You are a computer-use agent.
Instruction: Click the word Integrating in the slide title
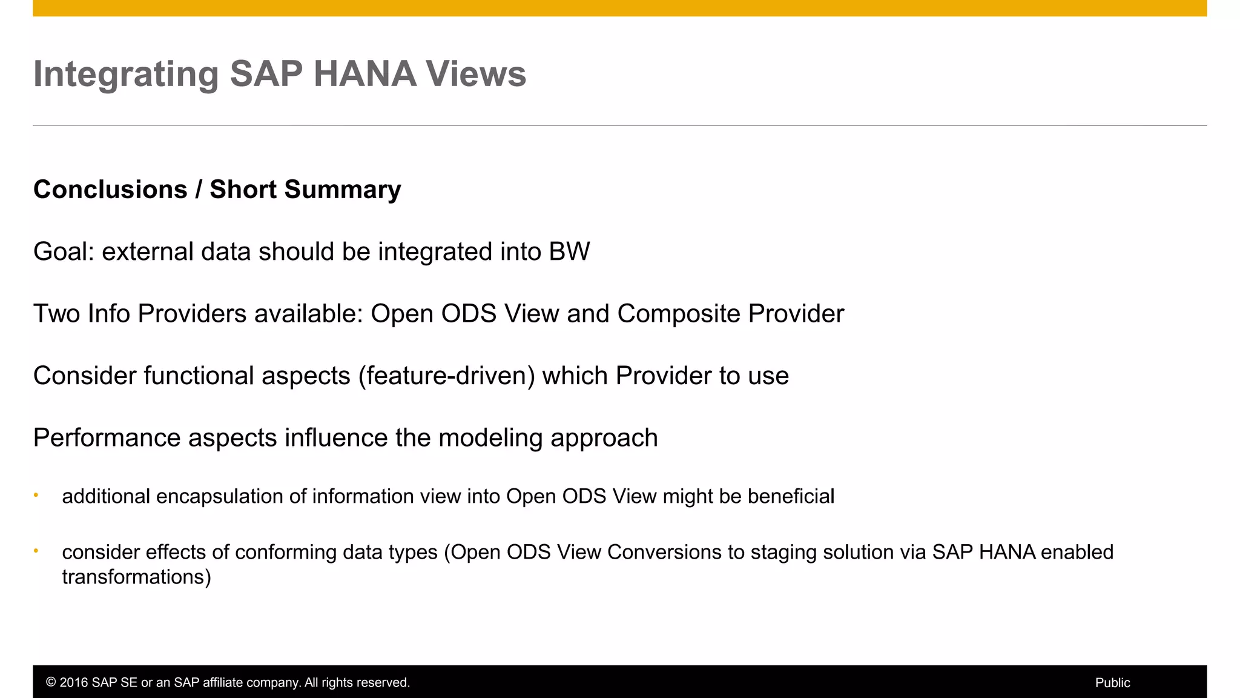click(x=125, y=75)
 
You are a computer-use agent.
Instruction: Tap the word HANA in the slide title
click(x=364, y=74)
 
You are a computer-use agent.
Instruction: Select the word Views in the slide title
click(x=475, y=74)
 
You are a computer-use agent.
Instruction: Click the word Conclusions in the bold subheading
click(x=110, y=190)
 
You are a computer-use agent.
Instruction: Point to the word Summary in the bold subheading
click(x=343, y=190)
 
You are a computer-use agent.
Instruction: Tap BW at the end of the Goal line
click(x=569, y=252)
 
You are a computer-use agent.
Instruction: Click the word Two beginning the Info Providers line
click(x=56, y=314)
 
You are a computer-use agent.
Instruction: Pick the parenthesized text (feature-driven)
click(x=446, y=376)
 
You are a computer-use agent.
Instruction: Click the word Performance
click(x=107, y=438)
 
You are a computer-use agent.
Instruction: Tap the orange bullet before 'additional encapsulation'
click(x=36, y=496)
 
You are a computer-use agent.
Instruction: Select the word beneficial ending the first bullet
click(x=791, y=496)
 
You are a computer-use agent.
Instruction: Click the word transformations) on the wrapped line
click(x=136, y=577)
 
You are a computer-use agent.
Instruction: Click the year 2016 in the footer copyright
click(x=73, y=683)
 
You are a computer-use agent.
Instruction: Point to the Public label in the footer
click(x=1112, y=683)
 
